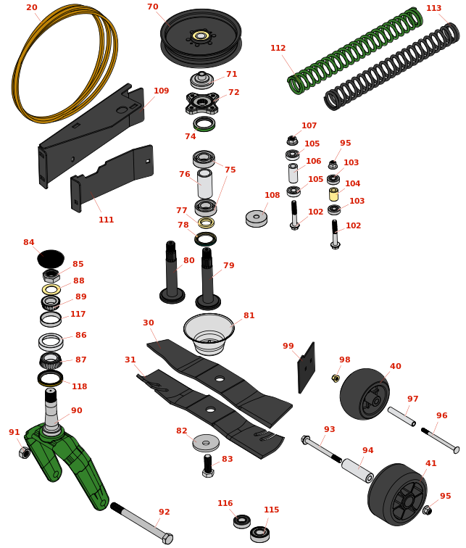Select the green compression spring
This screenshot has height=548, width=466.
(354, 51)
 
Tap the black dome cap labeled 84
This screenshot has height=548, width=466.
(51, 258)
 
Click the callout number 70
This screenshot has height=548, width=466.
(153, 7)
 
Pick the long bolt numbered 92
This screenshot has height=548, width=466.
(141, 523)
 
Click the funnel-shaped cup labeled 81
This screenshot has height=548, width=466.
(209, 333)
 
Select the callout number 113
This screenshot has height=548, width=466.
(433, 8)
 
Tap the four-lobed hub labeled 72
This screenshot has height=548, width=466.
(202, 103)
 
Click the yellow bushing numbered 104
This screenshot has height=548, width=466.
(333, 194)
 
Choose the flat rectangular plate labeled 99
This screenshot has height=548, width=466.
(306, 368)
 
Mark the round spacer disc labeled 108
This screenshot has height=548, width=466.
(257, 218)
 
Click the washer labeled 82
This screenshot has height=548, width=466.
(206, 443)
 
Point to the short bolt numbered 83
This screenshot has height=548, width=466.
(208, 466)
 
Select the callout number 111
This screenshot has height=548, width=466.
(107, 220)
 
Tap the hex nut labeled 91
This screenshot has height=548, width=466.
(25, 452)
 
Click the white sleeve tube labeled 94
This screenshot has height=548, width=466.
(357, 470)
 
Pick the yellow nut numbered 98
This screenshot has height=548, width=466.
(336, 378)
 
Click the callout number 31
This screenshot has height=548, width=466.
(130, 360)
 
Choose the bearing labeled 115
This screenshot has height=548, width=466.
(259, 534)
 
